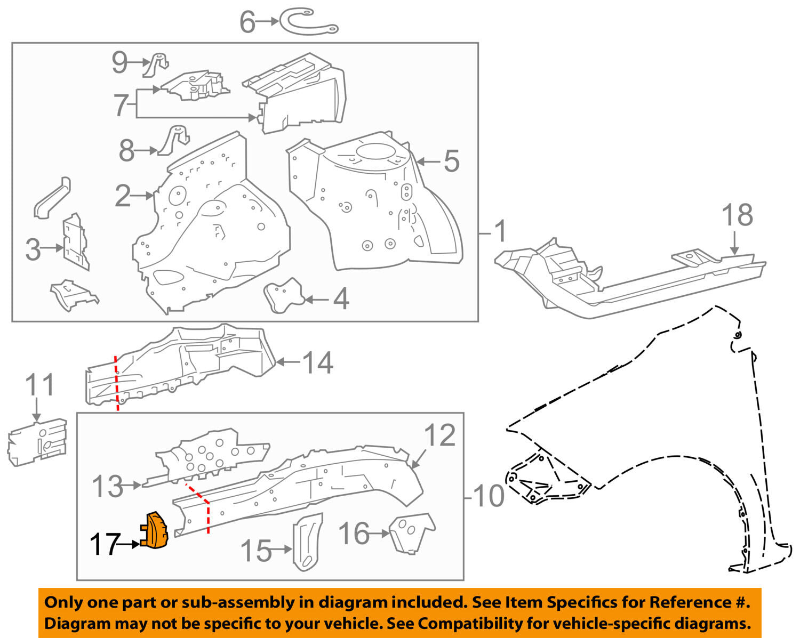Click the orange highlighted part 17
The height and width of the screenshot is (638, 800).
(155, 530)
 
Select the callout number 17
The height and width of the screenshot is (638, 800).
(103, 545)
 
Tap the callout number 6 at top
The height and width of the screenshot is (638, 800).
(247, 22)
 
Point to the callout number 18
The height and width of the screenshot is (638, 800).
(737, 215)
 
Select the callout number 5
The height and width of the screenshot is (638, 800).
(451, 161)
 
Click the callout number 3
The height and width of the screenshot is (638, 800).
(33, 249)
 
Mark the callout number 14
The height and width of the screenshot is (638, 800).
(318, 363)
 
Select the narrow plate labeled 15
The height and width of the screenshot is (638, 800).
(308, 541)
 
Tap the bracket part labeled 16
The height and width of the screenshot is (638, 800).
(411, 532)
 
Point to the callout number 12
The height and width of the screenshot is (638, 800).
(441, 435)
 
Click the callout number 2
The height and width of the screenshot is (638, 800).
(123, 196)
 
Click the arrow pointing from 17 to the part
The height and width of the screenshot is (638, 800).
(128, 545)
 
